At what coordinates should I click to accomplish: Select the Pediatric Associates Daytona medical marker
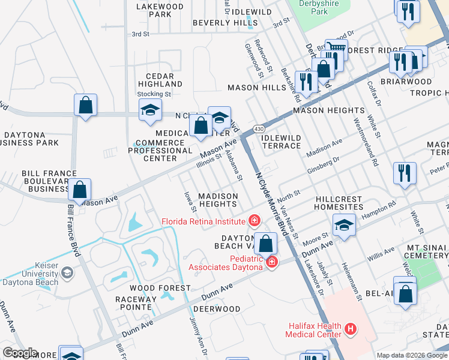272,262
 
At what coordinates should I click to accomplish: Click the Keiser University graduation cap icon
67,273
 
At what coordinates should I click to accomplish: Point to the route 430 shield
258,129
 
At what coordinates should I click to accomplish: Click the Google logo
19,353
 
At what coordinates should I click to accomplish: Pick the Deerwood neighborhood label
216,309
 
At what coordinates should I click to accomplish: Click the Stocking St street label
154,94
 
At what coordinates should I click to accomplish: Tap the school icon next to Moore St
344,225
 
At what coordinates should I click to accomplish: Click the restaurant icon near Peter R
405,173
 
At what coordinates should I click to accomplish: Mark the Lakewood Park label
160,10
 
